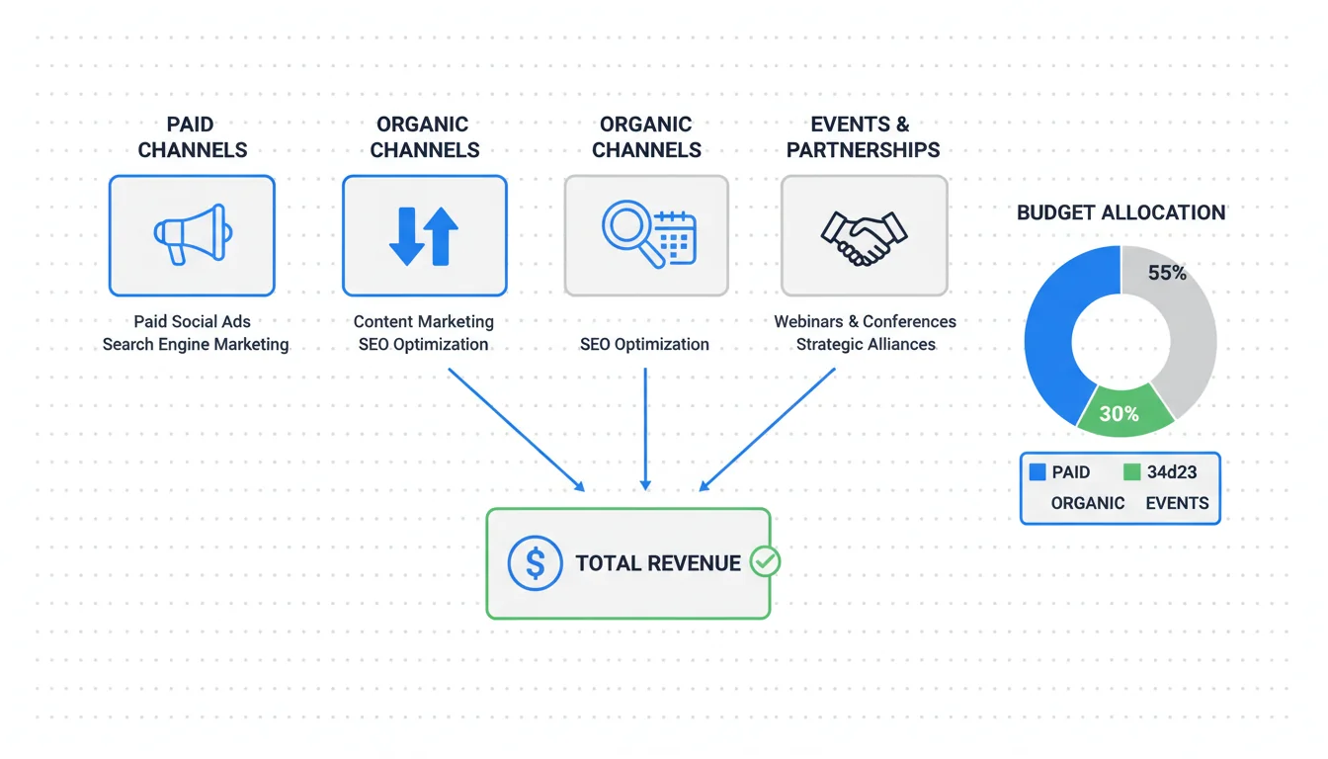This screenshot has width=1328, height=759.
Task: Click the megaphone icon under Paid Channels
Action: click(x=193, y=234)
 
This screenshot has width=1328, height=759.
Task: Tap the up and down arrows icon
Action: click(x=424, y=235)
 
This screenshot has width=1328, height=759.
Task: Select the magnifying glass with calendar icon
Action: click(x=648, y=235)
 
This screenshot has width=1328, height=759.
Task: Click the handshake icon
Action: click(x=864, y=236)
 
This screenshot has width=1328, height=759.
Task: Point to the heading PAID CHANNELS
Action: click(x=192, y=137)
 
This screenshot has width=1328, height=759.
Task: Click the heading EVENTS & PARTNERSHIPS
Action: click(x=864, y=137)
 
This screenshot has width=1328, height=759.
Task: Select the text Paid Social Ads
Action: click(x=192, y=321)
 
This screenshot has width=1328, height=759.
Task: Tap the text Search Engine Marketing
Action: click(x=196, y=345)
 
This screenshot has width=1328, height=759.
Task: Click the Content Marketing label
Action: click(x=424, y=321)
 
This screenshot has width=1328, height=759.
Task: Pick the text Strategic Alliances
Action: click(x=866, y=345)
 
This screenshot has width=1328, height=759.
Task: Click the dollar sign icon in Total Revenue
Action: click(x=535, y=563)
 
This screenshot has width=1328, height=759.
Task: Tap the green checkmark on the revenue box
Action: click(x=765, y=561)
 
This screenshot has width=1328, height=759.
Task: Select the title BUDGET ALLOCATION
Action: click(x=1120, y=212)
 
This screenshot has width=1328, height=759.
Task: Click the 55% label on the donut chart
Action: click(x=1167, y=274)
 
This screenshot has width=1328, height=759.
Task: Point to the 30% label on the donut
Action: click(x=1119, y=414)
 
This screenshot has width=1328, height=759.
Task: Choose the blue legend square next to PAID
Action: click(x=1037, y=472)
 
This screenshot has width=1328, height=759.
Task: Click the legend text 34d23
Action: click(x=1172, y=472)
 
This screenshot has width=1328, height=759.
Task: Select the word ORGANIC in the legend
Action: click(x=1088, y=503)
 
